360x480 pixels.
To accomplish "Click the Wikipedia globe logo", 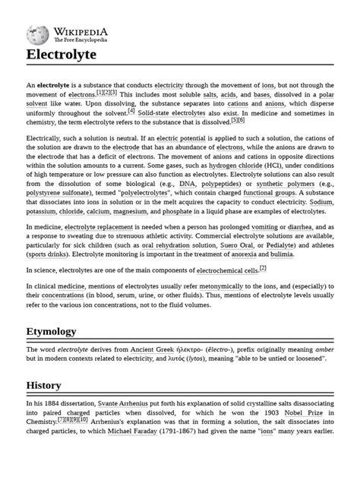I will (x=37, y=34).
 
